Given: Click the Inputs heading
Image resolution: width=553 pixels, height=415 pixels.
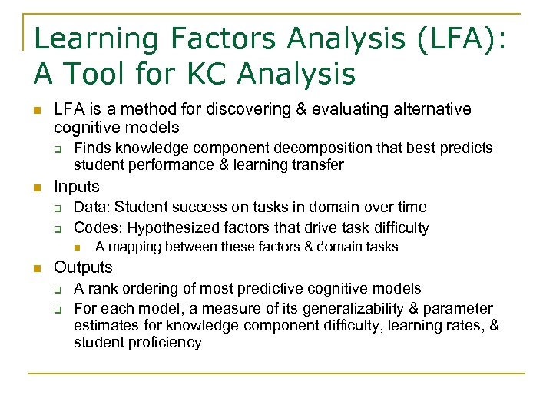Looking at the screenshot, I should pos(76,187).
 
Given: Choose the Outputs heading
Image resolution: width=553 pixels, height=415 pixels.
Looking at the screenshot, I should pos(83,267).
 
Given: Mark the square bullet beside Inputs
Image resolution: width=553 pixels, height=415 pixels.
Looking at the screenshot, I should pos(35,188).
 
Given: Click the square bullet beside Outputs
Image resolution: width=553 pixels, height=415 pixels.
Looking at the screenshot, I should pos(35,268).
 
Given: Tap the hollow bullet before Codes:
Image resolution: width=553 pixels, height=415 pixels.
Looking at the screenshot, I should pos(57,228).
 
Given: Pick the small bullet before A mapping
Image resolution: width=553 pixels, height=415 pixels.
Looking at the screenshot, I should pos(78,247).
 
